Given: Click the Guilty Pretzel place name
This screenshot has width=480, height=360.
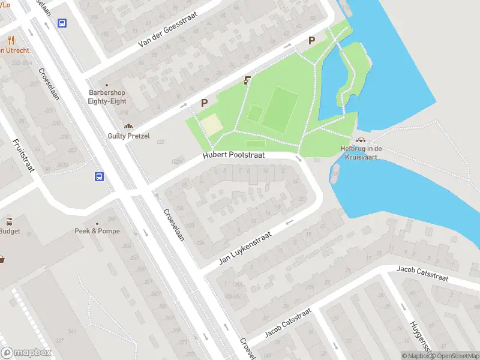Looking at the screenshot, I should point(128,136).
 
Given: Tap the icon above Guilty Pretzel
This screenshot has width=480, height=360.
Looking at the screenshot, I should point(128,126).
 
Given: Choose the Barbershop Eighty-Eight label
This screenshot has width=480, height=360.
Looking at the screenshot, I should point(107,97).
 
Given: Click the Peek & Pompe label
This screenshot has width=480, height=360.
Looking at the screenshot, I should point(97,231).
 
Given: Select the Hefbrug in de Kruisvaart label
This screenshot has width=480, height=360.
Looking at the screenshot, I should point(361,152).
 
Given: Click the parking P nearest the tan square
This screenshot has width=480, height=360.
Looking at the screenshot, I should point(204,103).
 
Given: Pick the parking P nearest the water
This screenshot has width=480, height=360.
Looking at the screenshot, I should point(311,41).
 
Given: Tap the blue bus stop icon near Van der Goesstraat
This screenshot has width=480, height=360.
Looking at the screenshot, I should point(62,23).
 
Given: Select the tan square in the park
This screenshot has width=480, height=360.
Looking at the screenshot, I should point(210,124).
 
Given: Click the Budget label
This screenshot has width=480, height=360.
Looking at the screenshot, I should point(10,231).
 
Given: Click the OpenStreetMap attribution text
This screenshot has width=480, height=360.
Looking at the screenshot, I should point(457,356).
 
